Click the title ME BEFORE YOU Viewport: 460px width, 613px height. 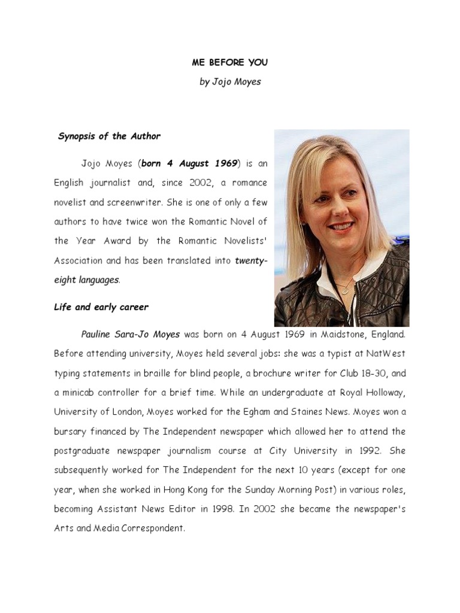(x=230, y=62)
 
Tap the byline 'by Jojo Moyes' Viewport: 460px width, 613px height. (x=230, y=81)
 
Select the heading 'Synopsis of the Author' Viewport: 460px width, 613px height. (x=109, y=136)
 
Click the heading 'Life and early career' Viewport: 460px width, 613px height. (x=101, y=307)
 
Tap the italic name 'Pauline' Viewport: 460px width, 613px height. (x=98, y=334)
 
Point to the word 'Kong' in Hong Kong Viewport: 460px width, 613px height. (x=196, y=490)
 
